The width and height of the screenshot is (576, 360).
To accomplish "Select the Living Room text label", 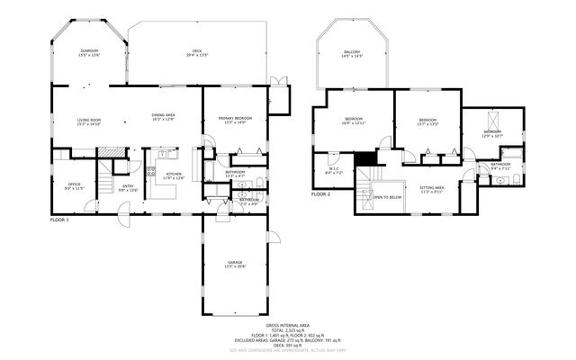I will [87, 121].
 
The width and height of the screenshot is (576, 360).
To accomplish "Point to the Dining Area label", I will [163, 117].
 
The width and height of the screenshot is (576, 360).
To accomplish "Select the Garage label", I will [234, 264].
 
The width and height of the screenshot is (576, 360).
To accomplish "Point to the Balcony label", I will [352, 55].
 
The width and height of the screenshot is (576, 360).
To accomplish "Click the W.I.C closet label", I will [333, 169].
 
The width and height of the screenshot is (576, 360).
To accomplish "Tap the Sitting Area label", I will [432, 189].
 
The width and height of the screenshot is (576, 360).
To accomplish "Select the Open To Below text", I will [386, 197].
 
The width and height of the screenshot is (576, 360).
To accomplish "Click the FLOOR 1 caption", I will [61, 219].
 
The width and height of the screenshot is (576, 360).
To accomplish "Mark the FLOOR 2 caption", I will [321, 194].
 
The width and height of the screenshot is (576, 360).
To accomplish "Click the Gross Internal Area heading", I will [288, 325].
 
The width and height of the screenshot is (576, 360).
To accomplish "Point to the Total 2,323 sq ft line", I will [288, 330].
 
